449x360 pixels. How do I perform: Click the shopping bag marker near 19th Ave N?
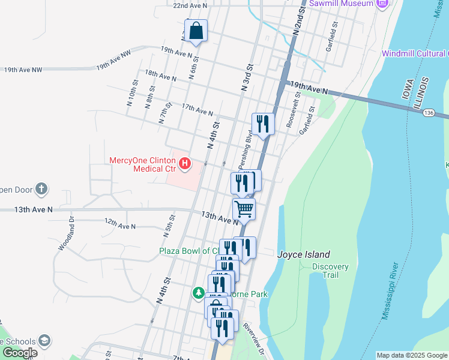tap(196, 31)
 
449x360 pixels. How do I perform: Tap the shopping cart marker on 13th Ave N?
tap(244, 209)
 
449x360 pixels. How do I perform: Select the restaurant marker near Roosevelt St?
tap(263, 124)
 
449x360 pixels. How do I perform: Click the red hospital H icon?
tap(185, 163)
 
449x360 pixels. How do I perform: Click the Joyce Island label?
tap(304, 254)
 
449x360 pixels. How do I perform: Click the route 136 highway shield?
tap(428, 112)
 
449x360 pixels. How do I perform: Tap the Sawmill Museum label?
tap(342, 4)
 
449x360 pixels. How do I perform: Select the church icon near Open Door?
tap(41, 190)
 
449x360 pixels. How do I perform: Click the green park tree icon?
tap(199, 293)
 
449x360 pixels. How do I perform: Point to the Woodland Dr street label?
tap(66, 233)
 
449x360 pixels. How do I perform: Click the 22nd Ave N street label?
tap(190, 5)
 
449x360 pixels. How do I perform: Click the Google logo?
tap(20, 353)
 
